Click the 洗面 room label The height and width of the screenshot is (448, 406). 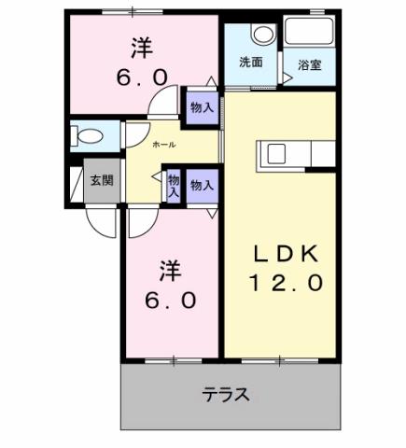[249, 63]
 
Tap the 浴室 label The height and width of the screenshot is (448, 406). [309, 65]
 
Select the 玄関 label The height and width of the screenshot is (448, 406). [101, 181]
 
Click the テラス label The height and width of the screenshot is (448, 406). [227, 394]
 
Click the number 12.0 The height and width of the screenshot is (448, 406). [286, 281]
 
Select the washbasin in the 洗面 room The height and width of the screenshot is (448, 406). [264, 35]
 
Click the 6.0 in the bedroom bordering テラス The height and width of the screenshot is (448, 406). [170, 301]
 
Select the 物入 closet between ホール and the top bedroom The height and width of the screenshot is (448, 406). [201, 106]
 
